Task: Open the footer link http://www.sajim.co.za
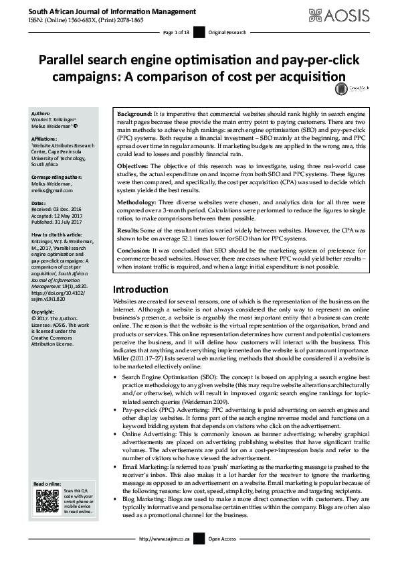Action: (x=165, y=557)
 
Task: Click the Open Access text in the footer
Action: (x=222, y=557)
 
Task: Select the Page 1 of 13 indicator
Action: (x=176, y=31)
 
